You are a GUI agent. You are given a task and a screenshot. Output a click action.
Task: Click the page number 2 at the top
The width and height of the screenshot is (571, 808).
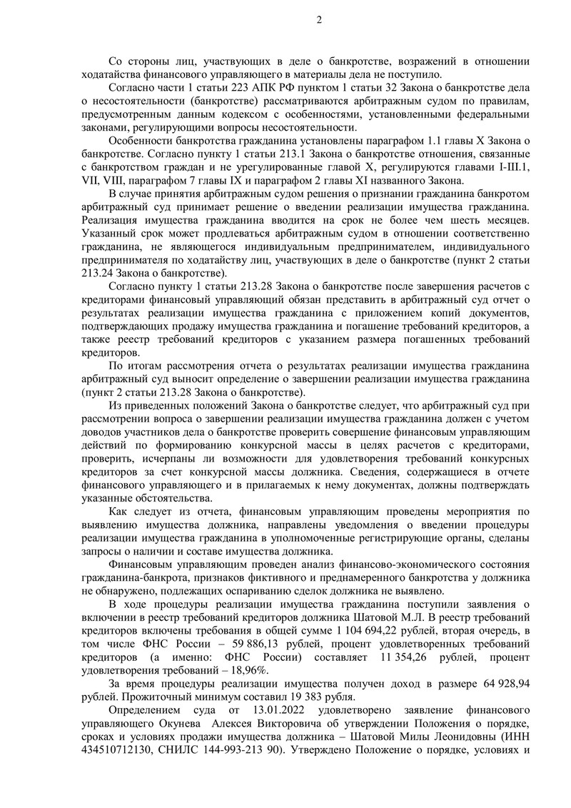(x=319, y=19)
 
